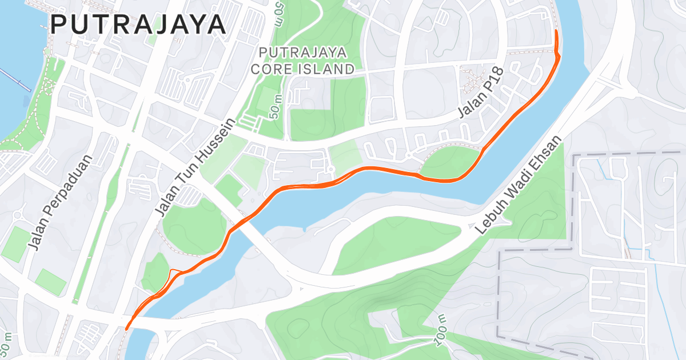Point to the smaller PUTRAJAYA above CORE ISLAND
tap(302, 53)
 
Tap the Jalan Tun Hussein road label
tap(195, 168)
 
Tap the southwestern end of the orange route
tap(126, 329)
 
